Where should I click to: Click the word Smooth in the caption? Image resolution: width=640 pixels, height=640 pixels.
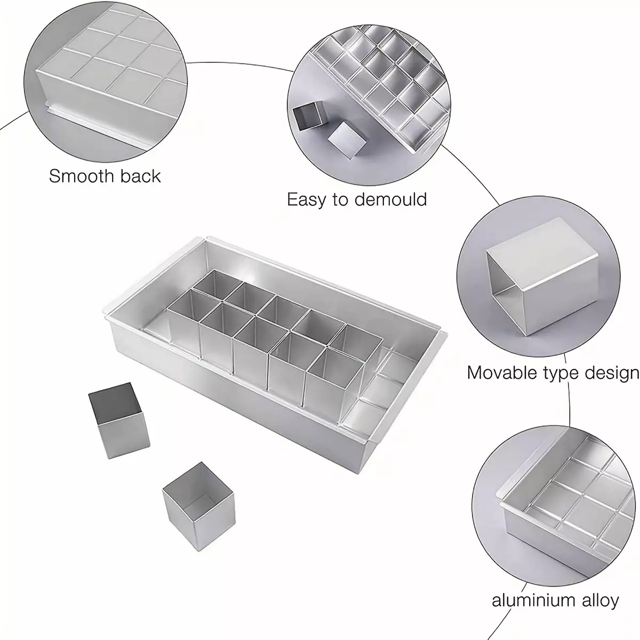click(82, 175)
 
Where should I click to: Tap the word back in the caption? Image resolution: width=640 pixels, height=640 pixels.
click(140, 175)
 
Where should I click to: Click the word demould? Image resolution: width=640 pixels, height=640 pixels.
click(390, 199)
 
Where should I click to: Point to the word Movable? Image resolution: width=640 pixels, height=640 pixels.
click(502, 373)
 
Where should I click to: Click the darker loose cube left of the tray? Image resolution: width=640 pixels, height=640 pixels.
click(119, 420)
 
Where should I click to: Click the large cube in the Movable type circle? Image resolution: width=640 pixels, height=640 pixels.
click(542, 277)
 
